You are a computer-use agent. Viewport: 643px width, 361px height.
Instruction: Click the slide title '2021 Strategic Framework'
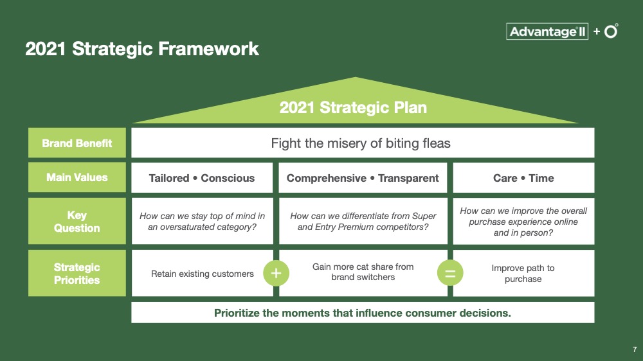[142, 49]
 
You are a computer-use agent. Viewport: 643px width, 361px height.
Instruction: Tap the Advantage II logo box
[547, 31]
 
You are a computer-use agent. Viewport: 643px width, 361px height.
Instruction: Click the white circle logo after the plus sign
[611, 31]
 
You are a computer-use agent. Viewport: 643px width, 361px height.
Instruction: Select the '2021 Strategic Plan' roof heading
[353, 107]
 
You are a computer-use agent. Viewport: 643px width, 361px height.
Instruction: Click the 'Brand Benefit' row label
[77, 143]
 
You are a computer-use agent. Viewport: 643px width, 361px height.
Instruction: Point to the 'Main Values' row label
[77, 177]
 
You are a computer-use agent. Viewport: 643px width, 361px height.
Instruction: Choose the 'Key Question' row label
[77, 222]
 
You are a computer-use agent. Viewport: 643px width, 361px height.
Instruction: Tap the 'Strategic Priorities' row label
[77, 274]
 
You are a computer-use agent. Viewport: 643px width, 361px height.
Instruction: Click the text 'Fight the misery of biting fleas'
[361, 143]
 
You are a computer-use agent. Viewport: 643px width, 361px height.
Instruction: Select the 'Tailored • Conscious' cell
[202, 178]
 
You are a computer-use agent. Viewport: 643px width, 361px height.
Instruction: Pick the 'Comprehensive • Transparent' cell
[363, 178]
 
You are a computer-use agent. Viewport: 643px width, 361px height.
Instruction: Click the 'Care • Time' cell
[523, 178]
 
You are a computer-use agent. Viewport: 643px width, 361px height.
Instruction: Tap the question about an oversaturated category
[202, 222]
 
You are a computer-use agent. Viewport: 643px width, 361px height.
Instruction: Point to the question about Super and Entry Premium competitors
[363, 222]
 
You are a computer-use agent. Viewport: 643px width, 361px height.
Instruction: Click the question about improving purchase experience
[523, 222]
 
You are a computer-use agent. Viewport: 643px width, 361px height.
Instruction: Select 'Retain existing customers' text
[202, 274]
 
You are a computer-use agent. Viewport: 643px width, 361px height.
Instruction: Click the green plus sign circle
[276, 273]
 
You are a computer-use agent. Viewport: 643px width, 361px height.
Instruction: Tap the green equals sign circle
[450, 273]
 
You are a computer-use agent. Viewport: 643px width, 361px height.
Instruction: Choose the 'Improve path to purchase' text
[523, 274]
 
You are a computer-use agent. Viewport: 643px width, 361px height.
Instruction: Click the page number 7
[635, 349]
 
